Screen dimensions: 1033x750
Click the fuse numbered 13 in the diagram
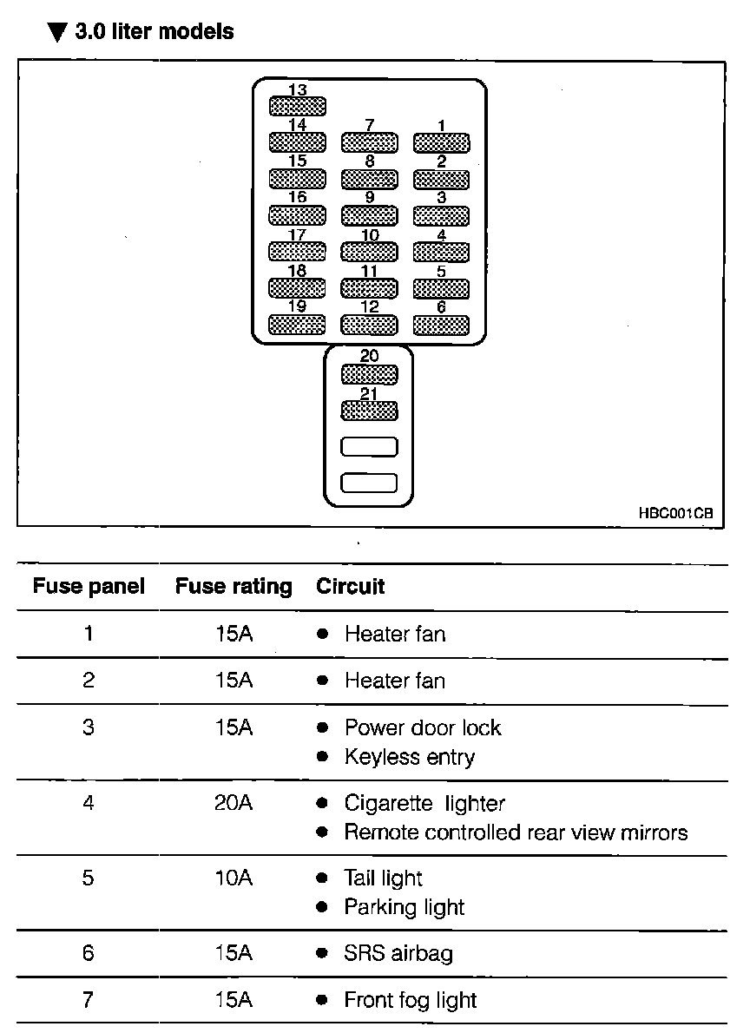(x=297, y=107)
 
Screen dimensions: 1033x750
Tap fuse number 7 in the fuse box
(x=369, y=142)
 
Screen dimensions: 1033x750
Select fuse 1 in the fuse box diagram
(x=441, y=142)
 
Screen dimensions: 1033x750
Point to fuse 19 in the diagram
(x=297, y=325)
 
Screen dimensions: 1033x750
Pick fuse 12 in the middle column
(x=369, y=325)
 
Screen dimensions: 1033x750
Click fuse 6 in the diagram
(x=441, y=325)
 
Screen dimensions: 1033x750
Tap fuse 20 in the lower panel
(x=369, y=374)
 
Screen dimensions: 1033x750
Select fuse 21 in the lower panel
(x=369, y=411)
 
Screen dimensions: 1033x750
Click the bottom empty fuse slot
(x=369, y=483)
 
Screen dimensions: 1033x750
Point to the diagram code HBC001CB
(x=675, y=514)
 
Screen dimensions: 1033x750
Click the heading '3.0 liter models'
(x=141, y=32)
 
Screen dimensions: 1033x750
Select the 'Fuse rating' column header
(x=234, y=587)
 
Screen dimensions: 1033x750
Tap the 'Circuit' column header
(x=350, y=587)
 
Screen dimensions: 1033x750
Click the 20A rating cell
(x=234, y=803)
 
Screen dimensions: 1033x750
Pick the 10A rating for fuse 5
(x=234, y=878)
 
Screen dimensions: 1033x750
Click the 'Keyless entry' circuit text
(x=410, y=757)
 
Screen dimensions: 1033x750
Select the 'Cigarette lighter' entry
(x=424, y=803)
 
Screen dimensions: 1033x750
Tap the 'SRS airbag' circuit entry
(x=398, y=953)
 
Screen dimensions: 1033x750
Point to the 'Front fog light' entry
(x=411, y=1000)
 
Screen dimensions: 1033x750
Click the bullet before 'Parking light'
(x=322, y=908)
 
